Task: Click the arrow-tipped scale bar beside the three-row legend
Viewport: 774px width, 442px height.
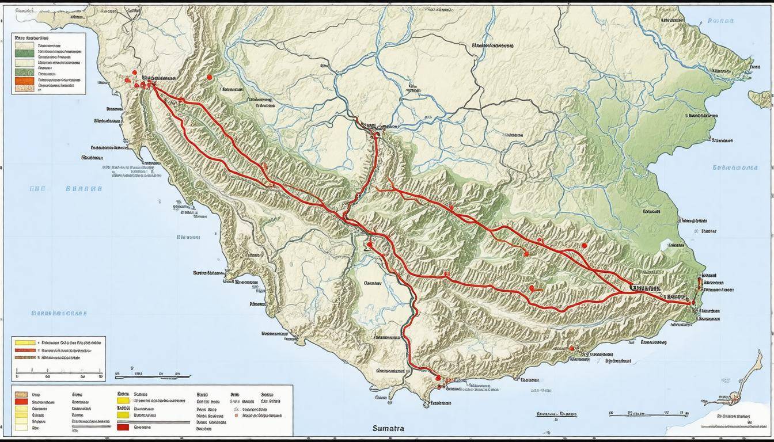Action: click(153, 376)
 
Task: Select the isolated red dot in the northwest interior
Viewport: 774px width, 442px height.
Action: click(210, 77)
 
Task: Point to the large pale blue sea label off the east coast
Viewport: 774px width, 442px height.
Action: click(734, 168)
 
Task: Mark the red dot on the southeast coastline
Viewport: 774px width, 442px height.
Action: click(571, 348)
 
